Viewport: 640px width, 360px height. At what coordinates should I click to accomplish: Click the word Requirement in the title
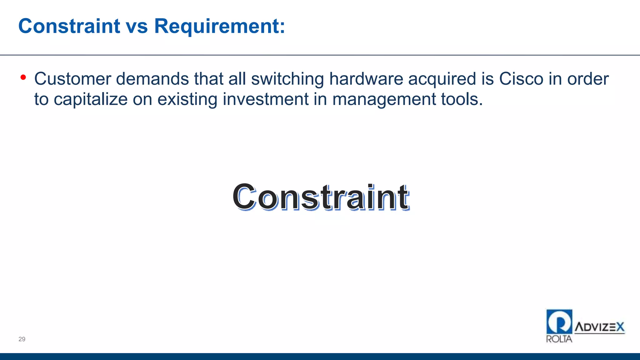(219, 26)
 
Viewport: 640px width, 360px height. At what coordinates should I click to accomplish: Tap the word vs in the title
(137, 26)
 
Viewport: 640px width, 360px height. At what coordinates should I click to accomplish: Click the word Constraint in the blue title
(69, 26)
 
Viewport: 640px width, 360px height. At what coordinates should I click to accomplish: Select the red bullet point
(23, 77)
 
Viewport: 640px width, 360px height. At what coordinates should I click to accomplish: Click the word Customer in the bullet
(72, 79)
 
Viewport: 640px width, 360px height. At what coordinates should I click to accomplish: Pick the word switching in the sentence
(287, 79)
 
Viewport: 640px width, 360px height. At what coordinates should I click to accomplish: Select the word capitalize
(91, 99)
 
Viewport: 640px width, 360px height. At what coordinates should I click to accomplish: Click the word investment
(266, 99)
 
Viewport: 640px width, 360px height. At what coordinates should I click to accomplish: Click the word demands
(152, 79)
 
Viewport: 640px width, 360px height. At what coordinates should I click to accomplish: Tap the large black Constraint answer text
(321, 197)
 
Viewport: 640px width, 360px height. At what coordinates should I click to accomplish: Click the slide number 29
(22, 339)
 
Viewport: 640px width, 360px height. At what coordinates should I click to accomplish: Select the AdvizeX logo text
(599, 327)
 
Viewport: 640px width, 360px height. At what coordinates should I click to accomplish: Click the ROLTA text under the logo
(559, 339)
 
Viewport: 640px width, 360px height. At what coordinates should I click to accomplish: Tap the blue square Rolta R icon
(559, 322)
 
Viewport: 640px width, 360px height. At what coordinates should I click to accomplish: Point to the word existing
(187, 99)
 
